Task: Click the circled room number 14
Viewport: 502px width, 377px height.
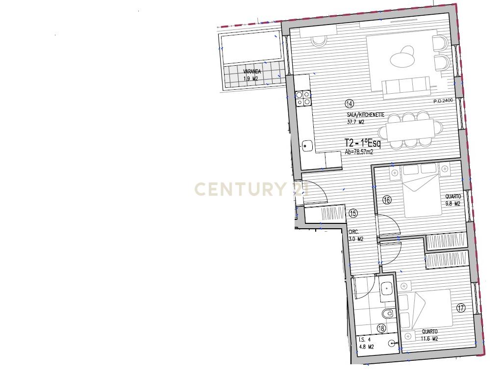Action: (350, 104)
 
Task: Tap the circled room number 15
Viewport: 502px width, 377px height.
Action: (353, 213)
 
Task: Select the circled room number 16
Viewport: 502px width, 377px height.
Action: (387, 200)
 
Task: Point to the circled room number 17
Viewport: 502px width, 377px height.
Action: (461, 308)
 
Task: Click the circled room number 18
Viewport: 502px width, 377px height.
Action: (381, 328)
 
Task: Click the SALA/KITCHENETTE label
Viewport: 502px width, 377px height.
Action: (366, 115)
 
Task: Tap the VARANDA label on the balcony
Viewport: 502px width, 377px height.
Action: (252, 72)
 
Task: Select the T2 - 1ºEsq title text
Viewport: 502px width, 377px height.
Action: (363, 143)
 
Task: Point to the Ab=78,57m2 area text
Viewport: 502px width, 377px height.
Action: (359, 152)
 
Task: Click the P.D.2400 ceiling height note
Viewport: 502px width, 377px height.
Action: (443, 101)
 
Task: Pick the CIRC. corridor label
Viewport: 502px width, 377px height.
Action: (353, 232)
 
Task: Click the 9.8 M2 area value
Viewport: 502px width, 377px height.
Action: (452, 204)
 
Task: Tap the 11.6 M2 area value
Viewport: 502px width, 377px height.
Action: (429, 339)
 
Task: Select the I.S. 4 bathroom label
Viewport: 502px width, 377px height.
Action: (365, 340)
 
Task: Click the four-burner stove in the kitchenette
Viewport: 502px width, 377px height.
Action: (79, 98)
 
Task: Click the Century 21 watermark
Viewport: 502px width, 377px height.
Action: (251, 189)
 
